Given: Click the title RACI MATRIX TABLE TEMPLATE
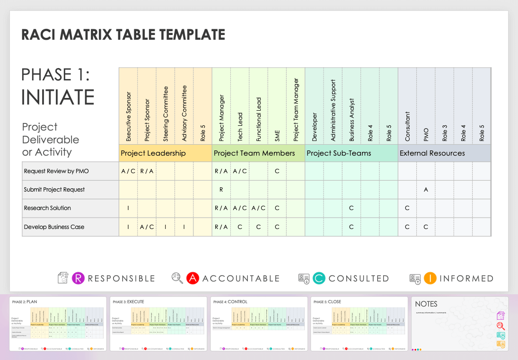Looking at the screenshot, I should (123, 35).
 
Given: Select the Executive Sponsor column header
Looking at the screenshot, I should (129, 117).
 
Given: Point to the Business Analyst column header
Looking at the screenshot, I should (351, 120).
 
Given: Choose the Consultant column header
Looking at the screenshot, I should (407, 126).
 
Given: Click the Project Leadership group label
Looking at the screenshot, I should (153, 153).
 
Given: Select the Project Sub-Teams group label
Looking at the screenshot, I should (339, 153).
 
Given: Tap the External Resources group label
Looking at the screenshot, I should (432, 153).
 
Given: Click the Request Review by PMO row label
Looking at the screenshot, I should (56, 171).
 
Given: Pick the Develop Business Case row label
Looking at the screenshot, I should (54, 227).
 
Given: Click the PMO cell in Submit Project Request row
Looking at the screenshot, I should (426, 190).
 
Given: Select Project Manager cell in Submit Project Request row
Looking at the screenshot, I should (221, 190).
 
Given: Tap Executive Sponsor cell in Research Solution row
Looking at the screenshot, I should (128, 208).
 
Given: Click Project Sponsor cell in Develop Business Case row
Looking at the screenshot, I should (147, 227).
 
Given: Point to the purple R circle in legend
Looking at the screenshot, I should (78, 278).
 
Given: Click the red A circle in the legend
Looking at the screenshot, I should (193, 278).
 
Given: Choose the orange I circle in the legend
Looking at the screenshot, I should (430, 278).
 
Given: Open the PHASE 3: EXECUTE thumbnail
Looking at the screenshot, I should (158, 324).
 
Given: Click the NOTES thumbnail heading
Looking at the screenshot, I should (426, 304).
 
